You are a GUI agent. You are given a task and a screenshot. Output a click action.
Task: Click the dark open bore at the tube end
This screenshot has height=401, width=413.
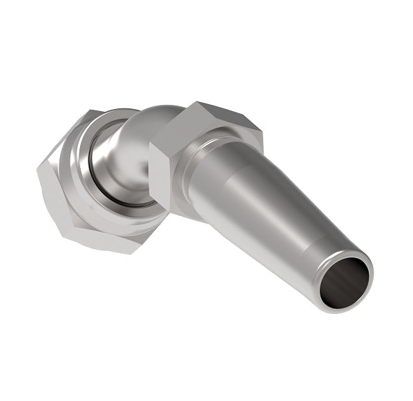click(x=344, y=282)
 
